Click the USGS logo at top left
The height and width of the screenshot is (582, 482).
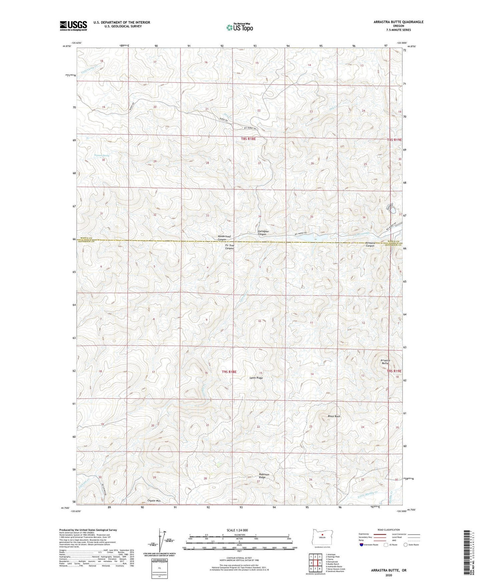[73, 26]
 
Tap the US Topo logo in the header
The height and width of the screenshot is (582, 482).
[239, 27]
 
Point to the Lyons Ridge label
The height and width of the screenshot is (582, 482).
[256, 378]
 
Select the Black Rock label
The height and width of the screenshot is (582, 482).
[334, 416]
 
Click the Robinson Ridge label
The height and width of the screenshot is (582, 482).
[264, 476]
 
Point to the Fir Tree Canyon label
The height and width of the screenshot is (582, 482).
[229, 247]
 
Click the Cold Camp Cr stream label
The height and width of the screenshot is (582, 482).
[88, 67]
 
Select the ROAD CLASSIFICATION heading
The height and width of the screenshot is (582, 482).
[389, 530]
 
